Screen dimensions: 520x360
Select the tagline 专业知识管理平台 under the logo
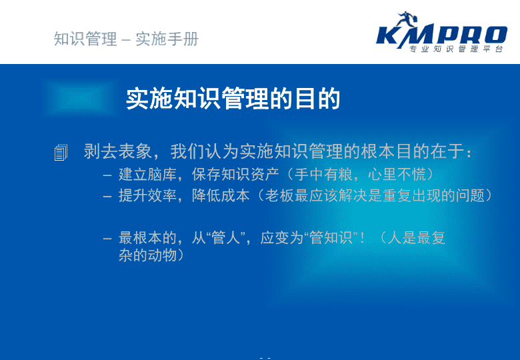coord(456,49)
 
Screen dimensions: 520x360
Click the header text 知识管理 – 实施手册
coord(126,39)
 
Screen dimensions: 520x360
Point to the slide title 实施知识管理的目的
coord(233,99)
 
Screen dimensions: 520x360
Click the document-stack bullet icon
coord(61,153)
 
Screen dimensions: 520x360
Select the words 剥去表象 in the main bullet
coord(118,151)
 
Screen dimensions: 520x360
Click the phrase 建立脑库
coord(147,175)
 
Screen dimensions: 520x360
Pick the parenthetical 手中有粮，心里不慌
coord(360,175)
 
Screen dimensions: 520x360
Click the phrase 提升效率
coord(147,195)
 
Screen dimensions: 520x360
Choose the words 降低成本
coord(221,195)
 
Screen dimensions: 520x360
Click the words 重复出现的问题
coord(433,195)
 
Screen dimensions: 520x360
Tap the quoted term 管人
coord(225,238)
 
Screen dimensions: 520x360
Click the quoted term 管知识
coord(330,238)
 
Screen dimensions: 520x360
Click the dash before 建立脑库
coord(107,175)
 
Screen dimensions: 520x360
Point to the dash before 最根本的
coord(107,239)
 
